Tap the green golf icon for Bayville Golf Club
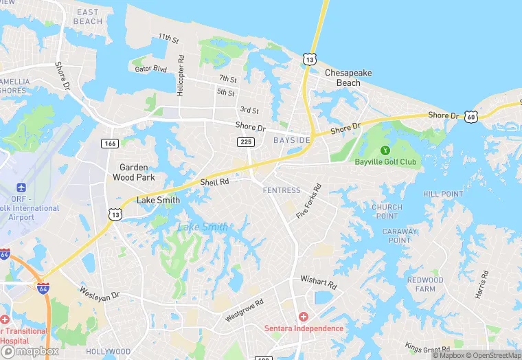point(385,150)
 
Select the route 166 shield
point(109,143)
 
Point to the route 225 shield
point(245,142)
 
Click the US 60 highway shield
point(470,118)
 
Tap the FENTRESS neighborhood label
point(281,190)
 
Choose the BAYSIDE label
point(292,140)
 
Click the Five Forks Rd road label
point(308,201)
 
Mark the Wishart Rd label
point(318,282)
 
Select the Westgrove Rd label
point(244,311)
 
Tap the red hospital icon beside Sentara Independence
point(304,317)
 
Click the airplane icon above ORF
point(21,188)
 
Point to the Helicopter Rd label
point(181,76)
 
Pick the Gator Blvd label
point(151,69)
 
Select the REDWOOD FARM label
point(425,284)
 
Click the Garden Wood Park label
point(137,172)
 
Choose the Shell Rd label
point(214,182)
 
